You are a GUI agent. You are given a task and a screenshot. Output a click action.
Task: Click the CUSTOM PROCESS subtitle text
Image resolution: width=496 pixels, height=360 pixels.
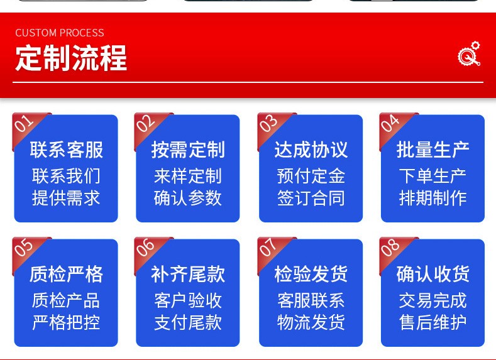[60, 33]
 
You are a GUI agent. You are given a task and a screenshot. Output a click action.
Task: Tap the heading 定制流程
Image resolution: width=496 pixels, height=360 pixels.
[71, 58]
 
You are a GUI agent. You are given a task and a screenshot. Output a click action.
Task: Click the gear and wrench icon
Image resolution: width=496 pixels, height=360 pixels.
[469, 54]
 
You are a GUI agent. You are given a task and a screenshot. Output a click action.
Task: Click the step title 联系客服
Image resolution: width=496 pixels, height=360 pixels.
[67, 150]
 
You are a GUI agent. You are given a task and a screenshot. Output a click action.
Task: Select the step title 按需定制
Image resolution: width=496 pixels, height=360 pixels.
[188, 150]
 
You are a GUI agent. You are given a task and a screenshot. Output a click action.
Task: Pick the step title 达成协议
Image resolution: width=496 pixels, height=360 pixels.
[311, 150]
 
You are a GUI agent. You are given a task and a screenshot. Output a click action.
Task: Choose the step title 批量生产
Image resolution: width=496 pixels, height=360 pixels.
[433, 150]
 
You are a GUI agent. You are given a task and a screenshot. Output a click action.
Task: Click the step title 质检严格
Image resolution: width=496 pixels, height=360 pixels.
[67, 274]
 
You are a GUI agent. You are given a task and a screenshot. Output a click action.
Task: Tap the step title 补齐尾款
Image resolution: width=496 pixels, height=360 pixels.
[188, 274]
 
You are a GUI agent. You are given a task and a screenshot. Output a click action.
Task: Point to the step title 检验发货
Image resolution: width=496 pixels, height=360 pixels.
[311, 274]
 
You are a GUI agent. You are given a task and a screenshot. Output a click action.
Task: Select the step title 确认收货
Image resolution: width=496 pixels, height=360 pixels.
[433, 274]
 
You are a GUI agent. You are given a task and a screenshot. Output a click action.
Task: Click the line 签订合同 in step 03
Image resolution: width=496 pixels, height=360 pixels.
[311, 199]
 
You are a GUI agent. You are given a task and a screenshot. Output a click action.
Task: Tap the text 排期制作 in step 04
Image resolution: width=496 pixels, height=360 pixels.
[433, 199]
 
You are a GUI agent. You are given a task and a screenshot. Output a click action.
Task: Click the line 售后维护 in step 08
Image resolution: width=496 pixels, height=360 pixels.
[433, 323]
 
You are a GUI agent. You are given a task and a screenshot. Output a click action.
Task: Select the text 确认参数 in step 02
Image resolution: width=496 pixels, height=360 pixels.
[188, 199]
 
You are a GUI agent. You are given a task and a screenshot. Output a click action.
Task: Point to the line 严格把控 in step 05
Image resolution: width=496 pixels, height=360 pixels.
[66, 323]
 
